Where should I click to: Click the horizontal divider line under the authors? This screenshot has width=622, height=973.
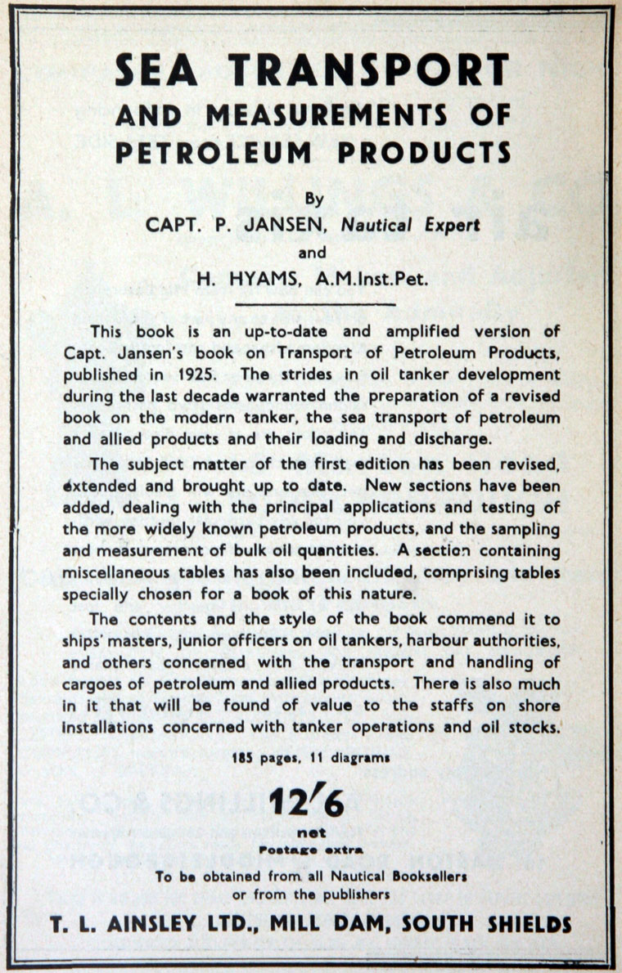pos(315,305)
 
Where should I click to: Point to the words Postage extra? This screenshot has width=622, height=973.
pos(313,850)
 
